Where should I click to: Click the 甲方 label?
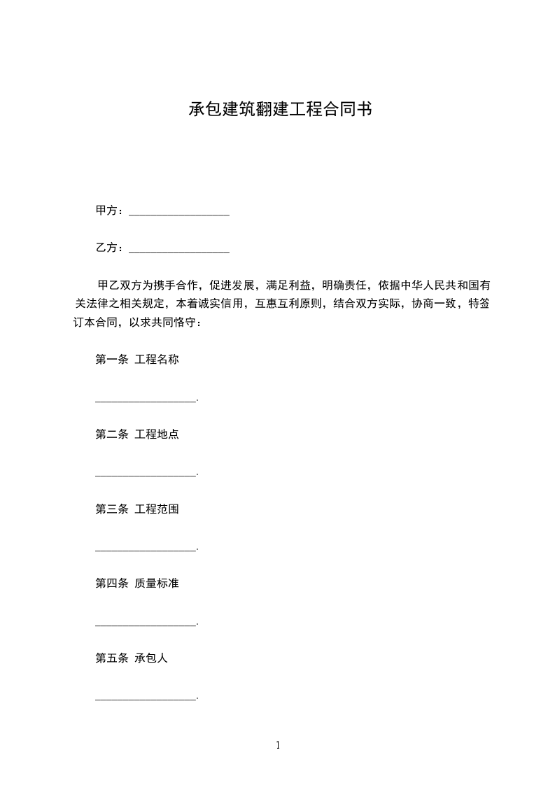pos(107,211)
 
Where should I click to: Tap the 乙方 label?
pos(107,248)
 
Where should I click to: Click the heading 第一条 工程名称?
pos(137,360)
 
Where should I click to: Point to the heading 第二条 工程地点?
pos(137,434)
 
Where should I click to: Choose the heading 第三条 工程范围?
pos(137,509)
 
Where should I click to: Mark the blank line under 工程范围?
pos(146,549)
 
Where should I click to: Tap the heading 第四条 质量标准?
pos(137,583)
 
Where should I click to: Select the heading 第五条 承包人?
pos(132,658)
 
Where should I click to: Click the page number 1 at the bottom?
pos(278,745)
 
